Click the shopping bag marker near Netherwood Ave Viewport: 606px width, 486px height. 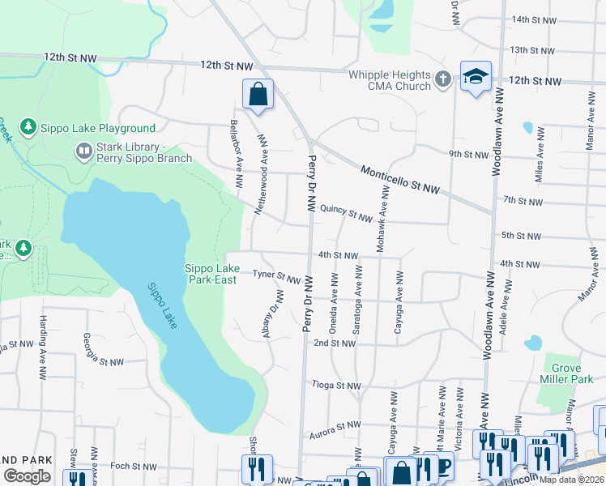[x=258, y=94]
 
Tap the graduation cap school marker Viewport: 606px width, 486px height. [x=476, y=77]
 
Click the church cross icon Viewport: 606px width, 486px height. [x=442, y=79]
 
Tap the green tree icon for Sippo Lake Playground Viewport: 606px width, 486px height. [x=28, y=127]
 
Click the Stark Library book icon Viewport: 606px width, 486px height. [x=83, y=151]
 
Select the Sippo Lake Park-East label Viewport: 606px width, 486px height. [x=212, y=274]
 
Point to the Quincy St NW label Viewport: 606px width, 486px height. [x=346, y=212]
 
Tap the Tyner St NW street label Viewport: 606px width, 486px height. [x=276, y=275]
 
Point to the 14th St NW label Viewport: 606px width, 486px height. [x=534, y=19]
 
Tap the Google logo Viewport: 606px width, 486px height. [x=27, y=476]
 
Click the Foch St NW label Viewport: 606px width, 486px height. [x=133, y=467]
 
